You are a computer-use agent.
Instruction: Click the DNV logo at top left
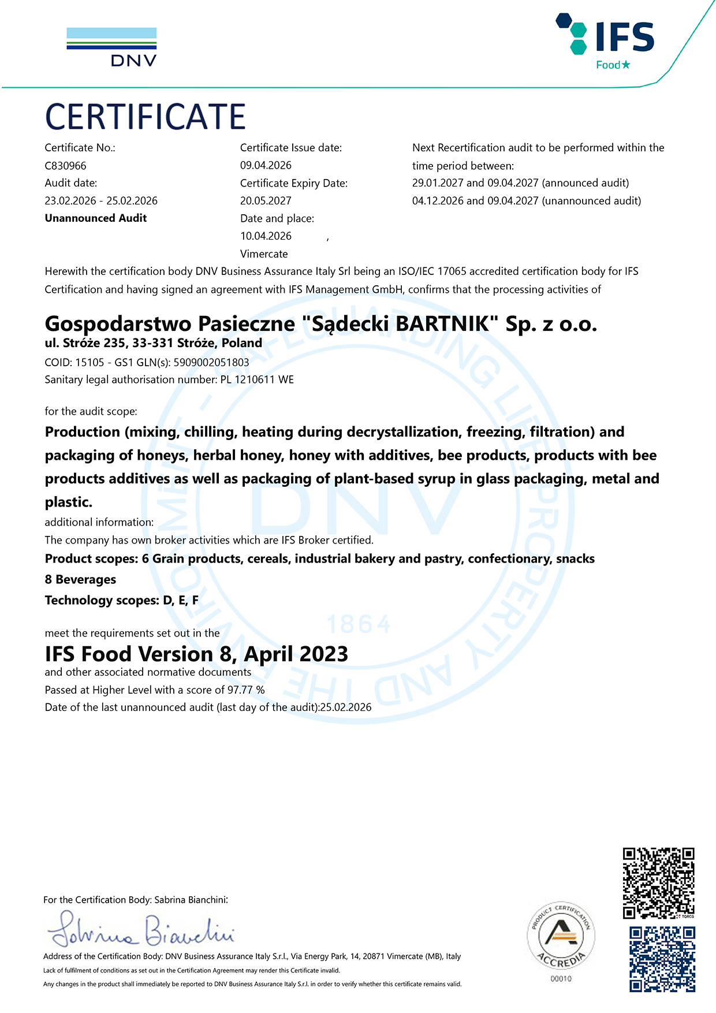(x=111, y=47)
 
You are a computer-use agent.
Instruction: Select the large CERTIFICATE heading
(x=146, y=117)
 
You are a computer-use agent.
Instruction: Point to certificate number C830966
(x=65, y=166)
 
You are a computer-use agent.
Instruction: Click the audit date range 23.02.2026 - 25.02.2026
(x=101, y=200)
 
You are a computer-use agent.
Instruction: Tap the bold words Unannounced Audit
(x=96, y=218)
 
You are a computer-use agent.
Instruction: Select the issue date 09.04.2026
(x=266, y=165)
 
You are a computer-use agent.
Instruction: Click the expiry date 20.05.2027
(x=266, y=200)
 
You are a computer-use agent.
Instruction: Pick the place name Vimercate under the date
(x=264, y=254)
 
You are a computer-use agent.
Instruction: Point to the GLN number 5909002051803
(x=211, y=362)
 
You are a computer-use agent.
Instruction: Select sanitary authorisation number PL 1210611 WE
(x=257, y=379)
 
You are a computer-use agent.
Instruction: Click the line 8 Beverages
(x=80, y=579)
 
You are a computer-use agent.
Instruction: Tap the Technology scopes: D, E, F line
(x=122, y=600)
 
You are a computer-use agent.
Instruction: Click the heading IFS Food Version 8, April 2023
(x=196, y=654)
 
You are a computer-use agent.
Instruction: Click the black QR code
(x=658, y=882)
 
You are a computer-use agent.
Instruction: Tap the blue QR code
(x=662, y=959)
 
